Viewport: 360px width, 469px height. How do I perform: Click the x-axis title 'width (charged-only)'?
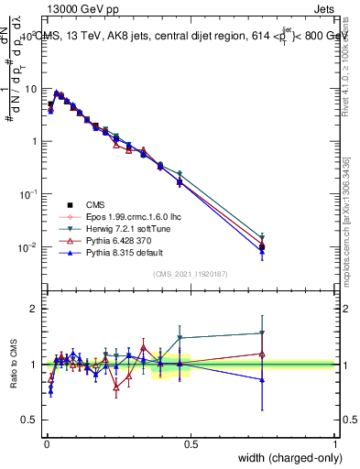click(284, 458)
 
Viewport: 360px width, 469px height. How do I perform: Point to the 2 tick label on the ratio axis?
click(32, 309)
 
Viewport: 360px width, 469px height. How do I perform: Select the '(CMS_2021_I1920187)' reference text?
click(191, 274)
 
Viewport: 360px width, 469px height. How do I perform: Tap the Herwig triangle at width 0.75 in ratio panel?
click(262, 333)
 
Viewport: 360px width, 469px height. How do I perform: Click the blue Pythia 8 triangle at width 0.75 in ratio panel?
click(262, 379)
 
